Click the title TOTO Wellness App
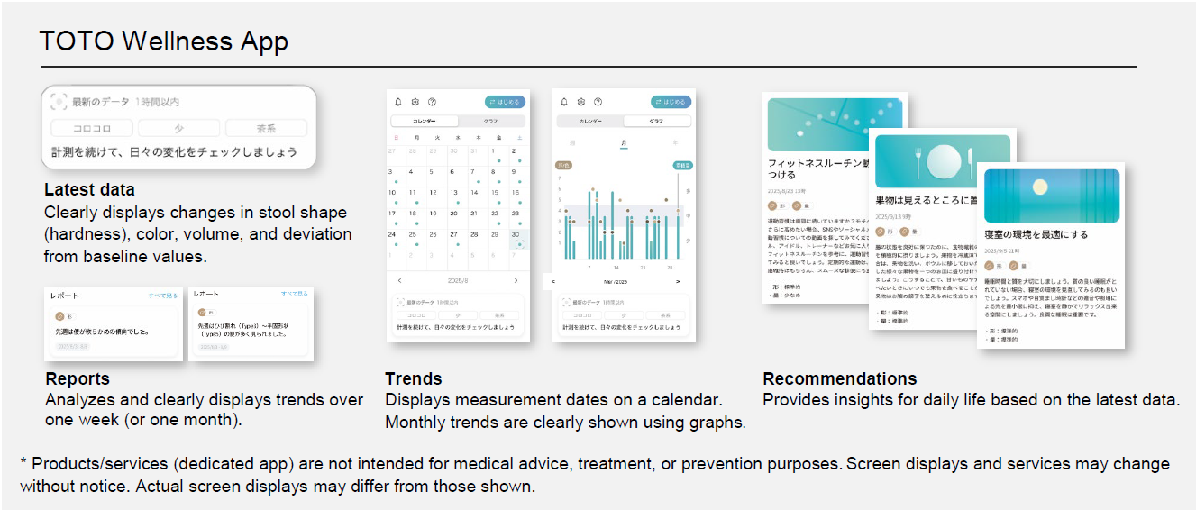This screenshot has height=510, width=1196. click(x=164, y=41)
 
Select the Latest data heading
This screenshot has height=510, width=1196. click(x=89, y=190)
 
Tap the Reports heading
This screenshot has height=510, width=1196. click(x=78, y=378)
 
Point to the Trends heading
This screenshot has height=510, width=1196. click(x=414, y=378)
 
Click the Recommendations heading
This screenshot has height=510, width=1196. click(x=840, y=378)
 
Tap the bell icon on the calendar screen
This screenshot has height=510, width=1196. click(x=398, y=102)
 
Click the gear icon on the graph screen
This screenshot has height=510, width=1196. click(x=581, y=102)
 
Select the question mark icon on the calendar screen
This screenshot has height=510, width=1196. click(x=432, y=102)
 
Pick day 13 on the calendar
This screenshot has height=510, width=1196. click(x=454, y=192)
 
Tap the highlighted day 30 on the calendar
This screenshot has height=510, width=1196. click(x=516, y=235)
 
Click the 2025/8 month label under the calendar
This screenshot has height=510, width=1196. click(x=458, y=280)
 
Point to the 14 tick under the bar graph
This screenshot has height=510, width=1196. click(x=616, y=268)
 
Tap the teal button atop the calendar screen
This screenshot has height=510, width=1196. click(x=503, y=102)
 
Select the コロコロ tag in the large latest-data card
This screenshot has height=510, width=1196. click(x=91, y=128)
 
